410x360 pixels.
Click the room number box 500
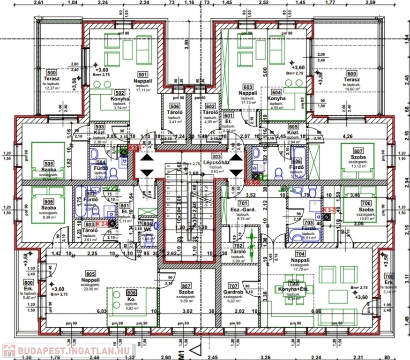click(x=51, y=73)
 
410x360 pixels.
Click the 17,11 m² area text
click(x=143, y=90)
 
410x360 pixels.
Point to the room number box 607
click(x=359, y=151)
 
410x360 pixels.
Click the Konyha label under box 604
click(x=276, y=99)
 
